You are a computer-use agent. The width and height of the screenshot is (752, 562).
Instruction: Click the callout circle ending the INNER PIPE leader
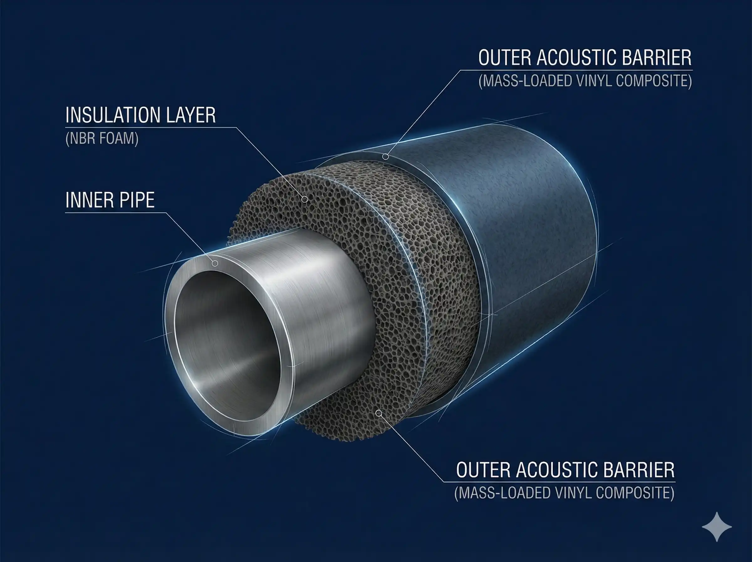tap(215, 263)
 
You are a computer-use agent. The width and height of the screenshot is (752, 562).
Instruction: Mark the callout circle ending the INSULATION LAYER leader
tap(305, 199)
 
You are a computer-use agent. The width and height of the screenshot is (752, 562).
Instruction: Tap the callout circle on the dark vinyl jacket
tap(385, 157)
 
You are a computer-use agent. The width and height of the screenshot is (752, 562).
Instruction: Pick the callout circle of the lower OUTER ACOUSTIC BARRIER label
tap(379, 413)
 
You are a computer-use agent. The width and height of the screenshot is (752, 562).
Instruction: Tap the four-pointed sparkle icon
tap(717, 527)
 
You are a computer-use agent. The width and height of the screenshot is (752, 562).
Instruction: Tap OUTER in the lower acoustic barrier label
tap(483, 470)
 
